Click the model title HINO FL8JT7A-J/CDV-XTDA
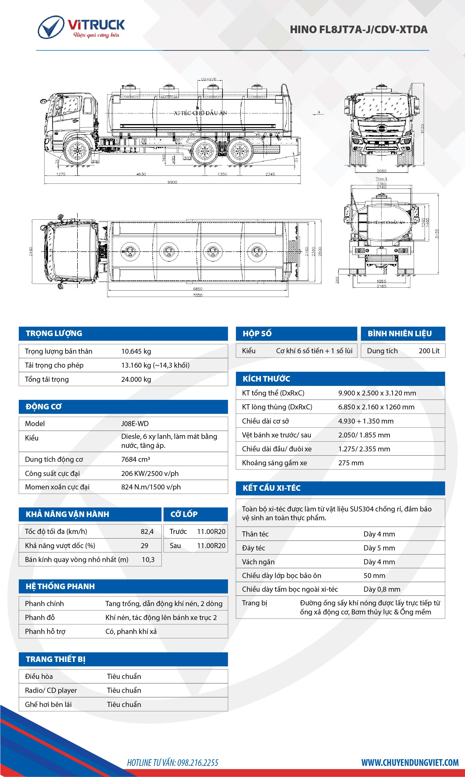tap(359, 29)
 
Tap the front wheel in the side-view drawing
tap(77, 151)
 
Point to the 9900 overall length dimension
tap(172, 182)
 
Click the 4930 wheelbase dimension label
tap(141, 174)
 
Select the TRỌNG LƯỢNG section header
tap(54, 333)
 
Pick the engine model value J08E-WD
tap(135, 424)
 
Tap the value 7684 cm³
tap(135, 459)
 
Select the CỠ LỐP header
tap(184, 514)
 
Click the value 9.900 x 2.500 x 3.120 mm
tap(377, 393)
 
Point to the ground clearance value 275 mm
tap(351, 463)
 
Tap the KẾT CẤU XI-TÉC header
tap(271, 488)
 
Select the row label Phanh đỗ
tap(40, 617)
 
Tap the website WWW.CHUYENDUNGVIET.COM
tap(410, 762)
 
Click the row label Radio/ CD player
tap(51, 690)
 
